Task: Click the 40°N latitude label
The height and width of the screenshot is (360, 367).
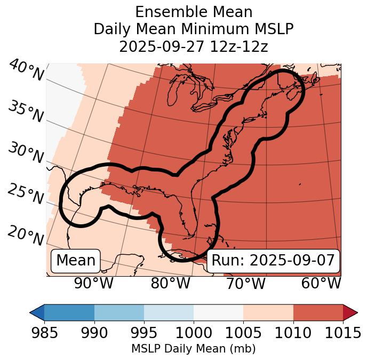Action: pos(25,71)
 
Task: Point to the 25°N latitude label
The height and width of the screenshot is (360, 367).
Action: pos(25,194)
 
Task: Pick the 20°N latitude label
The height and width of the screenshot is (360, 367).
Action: pos(25,235)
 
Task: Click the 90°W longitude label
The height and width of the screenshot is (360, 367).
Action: pos(94,283)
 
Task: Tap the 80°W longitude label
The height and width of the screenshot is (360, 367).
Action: pos(170,283)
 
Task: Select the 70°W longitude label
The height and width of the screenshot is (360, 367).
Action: pos(245,283)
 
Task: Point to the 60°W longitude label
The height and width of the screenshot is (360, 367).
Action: pos(321,283)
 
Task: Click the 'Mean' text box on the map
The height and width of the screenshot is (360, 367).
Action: pos(76,261)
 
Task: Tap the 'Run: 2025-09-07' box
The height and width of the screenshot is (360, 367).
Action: pos(273,261)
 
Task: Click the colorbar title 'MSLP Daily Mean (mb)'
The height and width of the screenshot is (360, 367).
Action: pos(194,349)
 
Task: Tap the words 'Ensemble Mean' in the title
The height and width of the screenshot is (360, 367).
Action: pos(194,12)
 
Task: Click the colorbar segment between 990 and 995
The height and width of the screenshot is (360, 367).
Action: pos(119,312)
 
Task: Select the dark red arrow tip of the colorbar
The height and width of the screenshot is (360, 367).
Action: pos(350,312)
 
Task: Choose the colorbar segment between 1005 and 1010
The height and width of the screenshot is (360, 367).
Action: pos(268,312)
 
